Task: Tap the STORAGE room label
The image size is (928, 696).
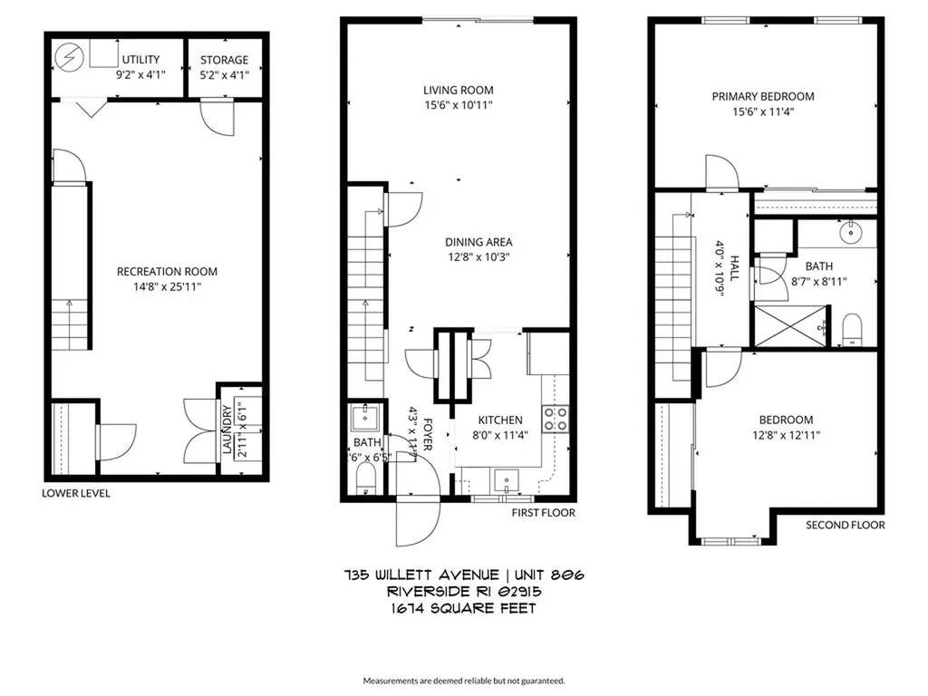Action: click(x=224, y=60)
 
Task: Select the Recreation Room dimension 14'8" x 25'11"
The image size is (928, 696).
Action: click(x=167, y=286)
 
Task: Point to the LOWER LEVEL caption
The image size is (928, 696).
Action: click(x=76, y=494)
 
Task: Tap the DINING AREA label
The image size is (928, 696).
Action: click(x=478, y=242)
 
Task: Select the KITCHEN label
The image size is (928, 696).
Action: click(x=500, y=420)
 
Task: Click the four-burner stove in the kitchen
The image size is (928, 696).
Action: click(x=555, y=418)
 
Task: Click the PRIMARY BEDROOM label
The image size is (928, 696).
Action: click(x=762, y=96)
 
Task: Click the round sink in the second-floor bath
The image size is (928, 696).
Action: click(x=853, y=233)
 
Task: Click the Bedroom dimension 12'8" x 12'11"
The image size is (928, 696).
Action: click(x=786, y=435)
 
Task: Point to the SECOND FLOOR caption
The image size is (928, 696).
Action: click(x=846, y=525)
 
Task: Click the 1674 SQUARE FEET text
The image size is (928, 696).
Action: click(x=463, y=608)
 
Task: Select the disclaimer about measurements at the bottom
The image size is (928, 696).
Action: click(x=464, y=680)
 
